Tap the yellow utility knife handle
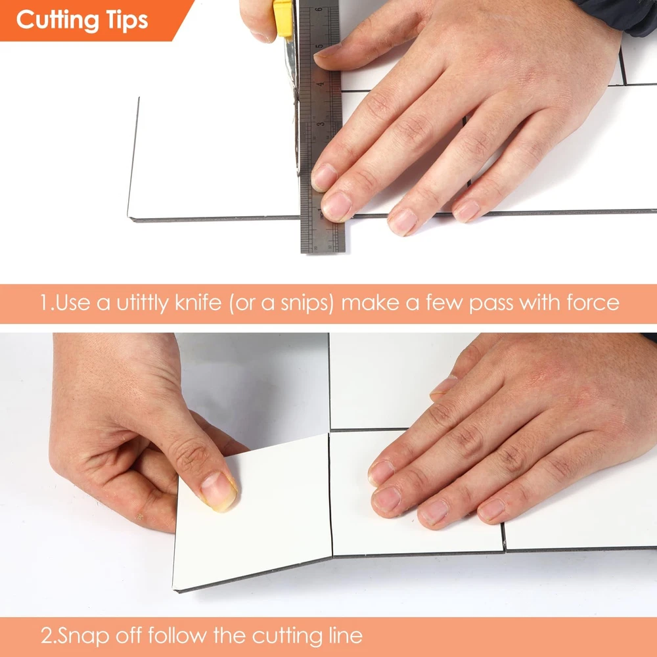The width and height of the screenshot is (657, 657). [283, 18]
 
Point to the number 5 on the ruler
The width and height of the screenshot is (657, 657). [319, 45]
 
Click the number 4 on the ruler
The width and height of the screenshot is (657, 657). [320, 84]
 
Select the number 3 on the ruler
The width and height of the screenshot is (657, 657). [321, 124]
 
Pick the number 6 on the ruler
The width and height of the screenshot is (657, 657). [319, 10]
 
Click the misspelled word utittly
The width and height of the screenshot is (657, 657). [143, 302]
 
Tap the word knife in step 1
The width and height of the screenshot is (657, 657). [198, 302]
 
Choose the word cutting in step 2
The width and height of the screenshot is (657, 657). [286, 636]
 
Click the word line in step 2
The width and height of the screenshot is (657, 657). [344, 635]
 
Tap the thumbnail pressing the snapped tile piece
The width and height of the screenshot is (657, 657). [218, 491]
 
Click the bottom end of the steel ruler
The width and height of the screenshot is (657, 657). [323, 252]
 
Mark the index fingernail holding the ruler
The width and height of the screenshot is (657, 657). [324, 177]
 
